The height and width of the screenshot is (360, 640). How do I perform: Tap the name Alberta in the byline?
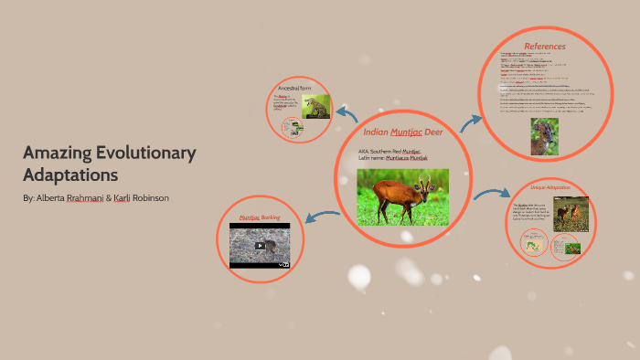pyautogui.click(x=54, y=198)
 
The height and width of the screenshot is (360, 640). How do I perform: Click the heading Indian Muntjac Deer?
pyautogui.click(x=403, y=132)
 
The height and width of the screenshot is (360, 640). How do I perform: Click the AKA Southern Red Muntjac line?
pyautogui.click(x=390, y=151)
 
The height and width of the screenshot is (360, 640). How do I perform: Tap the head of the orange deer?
pyautogui.click(x=431, y=181)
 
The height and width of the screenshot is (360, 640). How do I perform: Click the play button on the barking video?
pyautogui.click(x=261, y=246)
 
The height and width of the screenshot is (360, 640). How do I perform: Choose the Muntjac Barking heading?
pyautogui.click(x=260, y=217)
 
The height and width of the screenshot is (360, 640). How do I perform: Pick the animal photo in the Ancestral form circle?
pyautogui.click(x=316, y=107)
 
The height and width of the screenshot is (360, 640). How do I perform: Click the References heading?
pyautogui.click(x=545, y=46)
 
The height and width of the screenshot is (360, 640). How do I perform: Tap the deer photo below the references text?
pyautogui.click(x=545, y=135)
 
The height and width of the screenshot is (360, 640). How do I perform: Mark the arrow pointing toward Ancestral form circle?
pyautogui.click(x=347, y=113)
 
